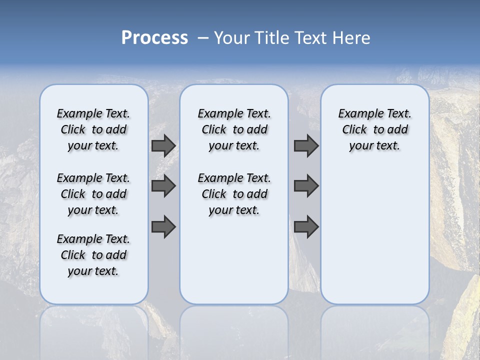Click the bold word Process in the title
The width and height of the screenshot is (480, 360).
click(154, 38)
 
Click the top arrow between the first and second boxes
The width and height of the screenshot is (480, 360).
click(163, 146)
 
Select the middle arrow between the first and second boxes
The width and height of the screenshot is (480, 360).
click(163, 186)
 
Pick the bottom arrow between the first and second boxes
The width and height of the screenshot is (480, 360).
click(163, 226)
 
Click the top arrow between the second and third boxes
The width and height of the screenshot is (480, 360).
click(306, 146)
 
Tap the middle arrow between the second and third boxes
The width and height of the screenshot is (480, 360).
click(306, 186)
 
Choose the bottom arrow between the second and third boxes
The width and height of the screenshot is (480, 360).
click(306, 226)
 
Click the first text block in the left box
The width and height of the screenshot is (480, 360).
click(93, 129)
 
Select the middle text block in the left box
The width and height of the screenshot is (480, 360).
click(93, 194)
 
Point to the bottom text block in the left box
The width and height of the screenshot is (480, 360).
click(93, 255)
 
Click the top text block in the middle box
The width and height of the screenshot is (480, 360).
click(234, 129)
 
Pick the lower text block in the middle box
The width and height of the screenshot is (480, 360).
click(234, 194)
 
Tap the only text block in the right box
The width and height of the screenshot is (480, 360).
click(374, 129)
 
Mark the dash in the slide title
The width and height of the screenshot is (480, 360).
click(202, 38)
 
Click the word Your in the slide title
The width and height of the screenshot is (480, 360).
click(231, 38)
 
